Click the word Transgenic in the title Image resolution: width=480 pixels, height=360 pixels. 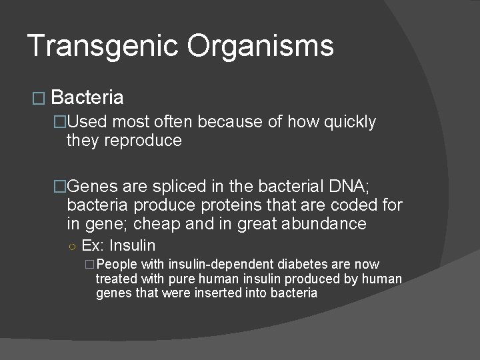[103, 46]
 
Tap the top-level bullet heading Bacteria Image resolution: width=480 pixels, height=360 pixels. [87, 98]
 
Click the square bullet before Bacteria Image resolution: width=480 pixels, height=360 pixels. [39, 99]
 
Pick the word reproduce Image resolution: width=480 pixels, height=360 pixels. [143, 141]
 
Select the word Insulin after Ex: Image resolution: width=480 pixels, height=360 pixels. [132, 245]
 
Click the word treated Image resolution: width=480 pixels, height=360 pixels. [115, 279]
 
